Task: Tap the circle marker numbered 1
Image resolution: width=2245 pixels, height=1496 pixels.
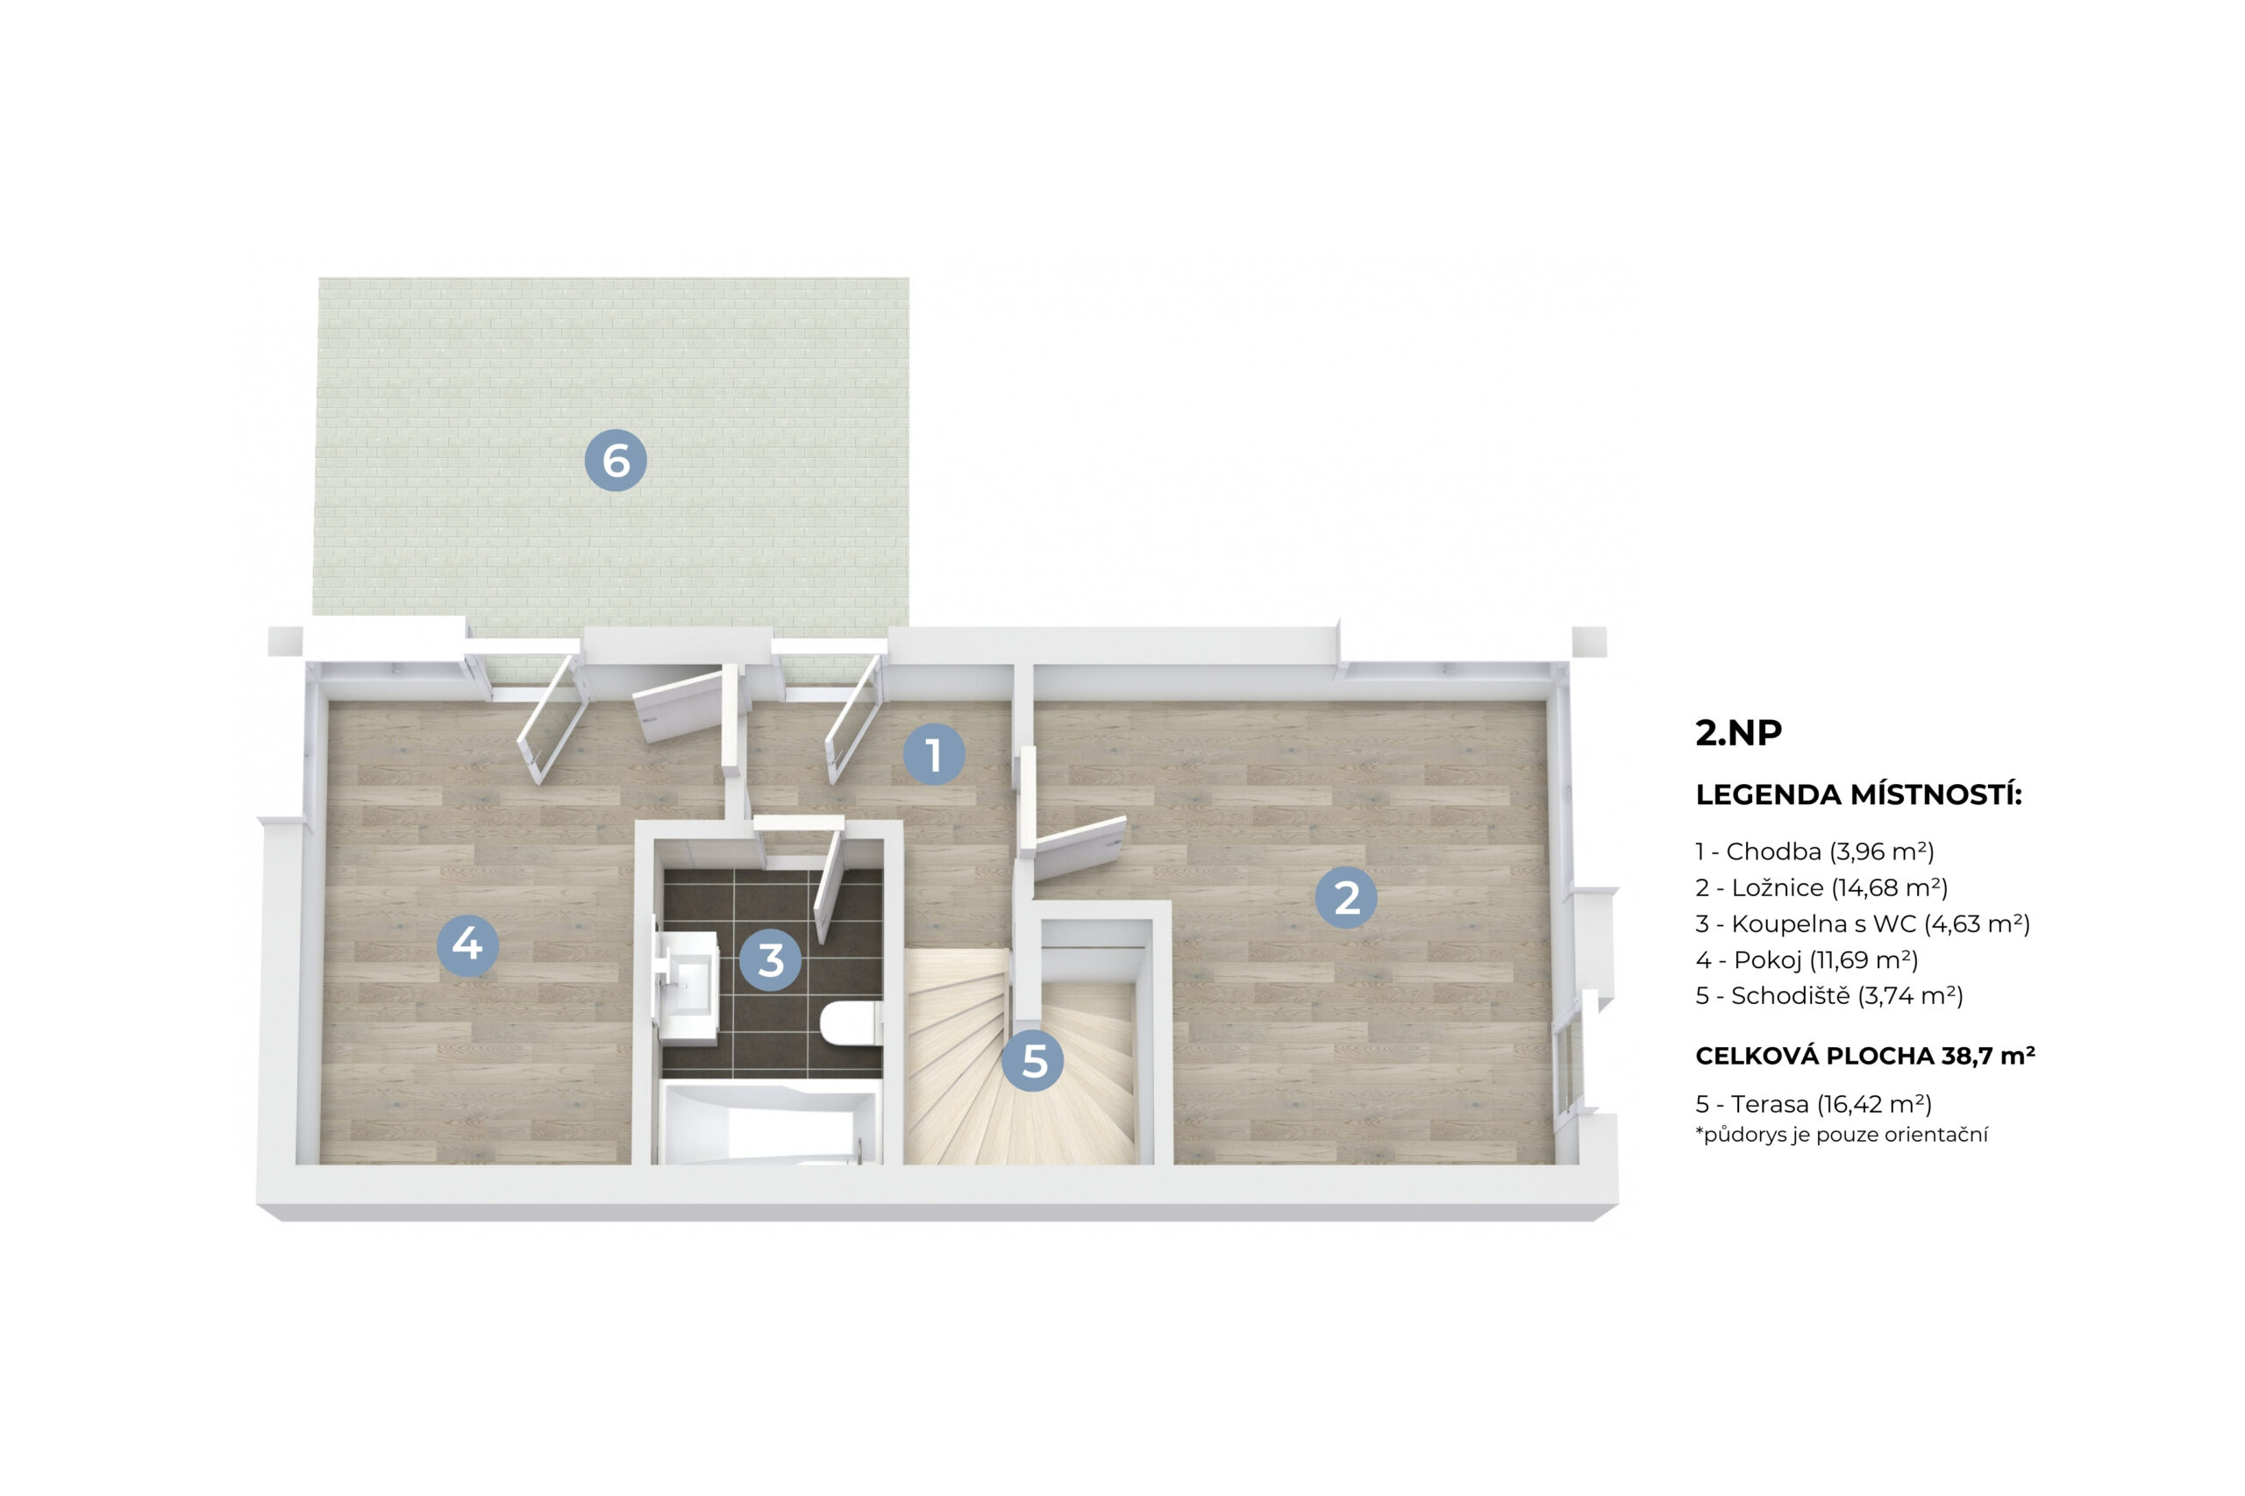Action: point(934,755)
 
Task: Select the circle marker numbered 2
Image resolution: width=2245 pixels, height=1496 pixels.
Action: point(1345,897)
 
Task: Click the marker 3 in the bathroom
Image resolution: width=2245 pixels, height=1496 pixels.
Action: point(770,960)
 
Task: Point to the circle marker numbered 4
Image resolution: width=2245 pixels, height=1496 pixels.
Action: point(467,944)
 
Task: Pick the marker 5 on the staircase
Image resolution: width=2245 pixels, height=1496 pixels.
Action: point(1033,1060)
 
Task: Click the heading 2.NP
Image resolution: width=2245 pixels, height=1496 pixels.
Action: point(1738,732)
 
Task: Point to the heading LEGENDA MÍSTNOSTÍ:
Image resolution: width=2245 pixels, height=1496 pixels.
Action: point(1858,794)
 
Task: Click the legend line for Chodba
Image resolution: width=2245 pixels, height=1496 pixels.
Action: point(1814,851)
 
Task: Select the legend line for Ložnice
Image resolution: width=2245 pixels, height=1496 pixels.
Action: point(1821,887)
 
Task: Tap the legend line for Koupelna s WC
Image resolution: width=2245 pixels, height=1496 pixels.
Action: point(1863,923)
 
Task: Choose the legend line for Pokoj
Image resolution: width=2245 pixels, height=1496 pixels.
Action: point(1807,960)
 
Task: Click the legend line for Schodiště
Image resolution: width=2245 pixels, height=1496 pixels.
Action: point(1829,996)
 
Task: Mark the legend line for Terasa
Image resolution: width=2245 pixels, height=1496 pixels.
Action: point(1814,1104)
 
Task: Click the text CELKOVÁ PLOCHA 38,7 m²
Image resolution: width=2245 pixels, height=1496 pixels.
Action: point(1865,1055)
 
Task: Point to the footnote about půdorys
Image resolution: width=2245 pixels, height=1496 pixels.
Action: point(1842,1136)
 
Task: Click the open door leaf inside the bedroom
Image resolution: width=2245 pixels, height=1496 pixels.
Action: point(1079,847)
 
